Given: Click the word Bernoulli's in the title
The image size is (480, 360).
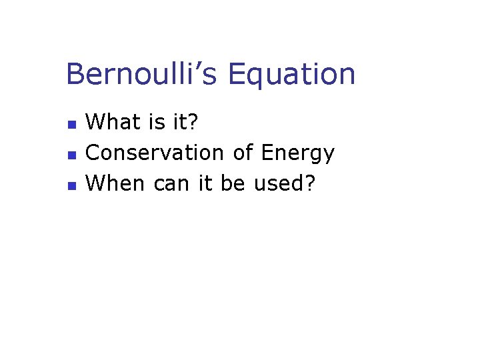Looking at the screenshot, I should click(141, 74).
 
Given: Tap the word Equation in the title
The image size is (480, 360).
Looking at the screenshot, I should click(291, 74).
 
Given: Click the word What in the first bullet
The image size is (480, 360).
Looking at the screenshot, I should click(111, 122).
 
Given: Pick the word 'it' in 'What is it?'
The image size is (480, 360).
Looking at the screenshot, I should click(175, 122).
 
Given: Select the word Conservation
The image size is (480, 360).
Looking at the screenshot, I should click(155, 153).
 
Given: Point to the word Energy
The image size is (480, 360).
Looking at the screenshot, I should click(297, 154).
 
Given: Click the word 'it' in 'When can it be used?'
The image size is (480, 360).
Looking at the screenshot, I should click(205, 183).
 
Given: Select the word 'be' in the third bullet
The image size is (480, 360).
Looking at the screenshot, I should click(233, 183).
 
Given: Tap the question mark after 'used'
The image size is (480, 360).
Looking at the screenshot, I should click(308, 183).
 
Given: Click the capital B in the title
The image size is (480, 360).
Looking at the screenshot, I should click(75, 74).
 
